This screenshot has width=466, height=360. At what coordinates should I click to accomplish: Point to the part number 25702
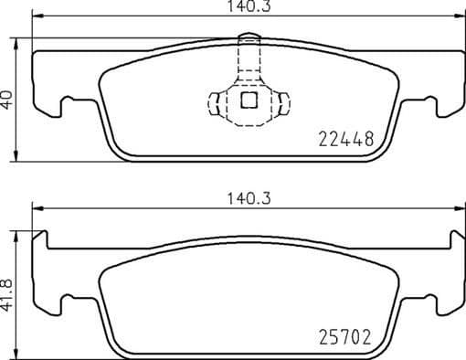click(x=345, y=337)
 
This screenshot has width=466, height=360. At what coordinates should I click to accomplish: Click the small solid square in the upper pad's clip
click(x=248, y=101)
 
